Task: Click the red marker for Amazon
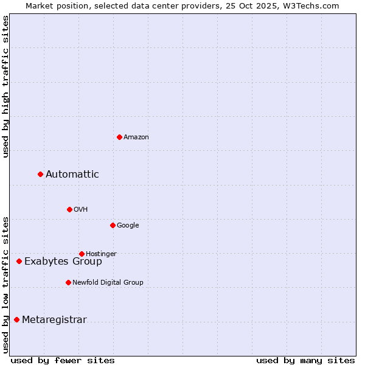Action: point(119,137)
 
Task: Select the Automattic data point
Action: point(41,175)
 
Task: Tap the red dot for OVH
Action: point(69,209)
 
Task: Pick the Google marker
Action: point(113,225)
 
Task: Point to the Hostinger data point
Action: point(82,254)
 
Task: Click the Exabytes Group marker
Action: point(19,262)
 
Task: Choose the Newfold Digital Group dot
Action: point(68,282)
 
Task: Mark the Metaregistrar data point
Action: point(16,320)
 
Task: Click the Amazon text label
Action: point(136,137)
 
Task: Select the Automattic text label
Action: point(72,175)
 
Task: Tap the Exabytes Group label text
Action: point(63,262)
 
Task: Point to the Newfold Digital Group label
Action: point(108,282)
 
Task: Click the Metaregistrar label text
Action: point(54,320)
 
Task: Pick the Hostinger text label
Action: point(101,254)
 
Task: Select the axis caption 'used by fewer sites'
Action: point(63,360)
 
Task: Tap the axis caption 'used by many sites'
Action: point(305,360)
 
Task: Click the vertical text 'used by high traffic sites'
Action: point(6,86)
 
